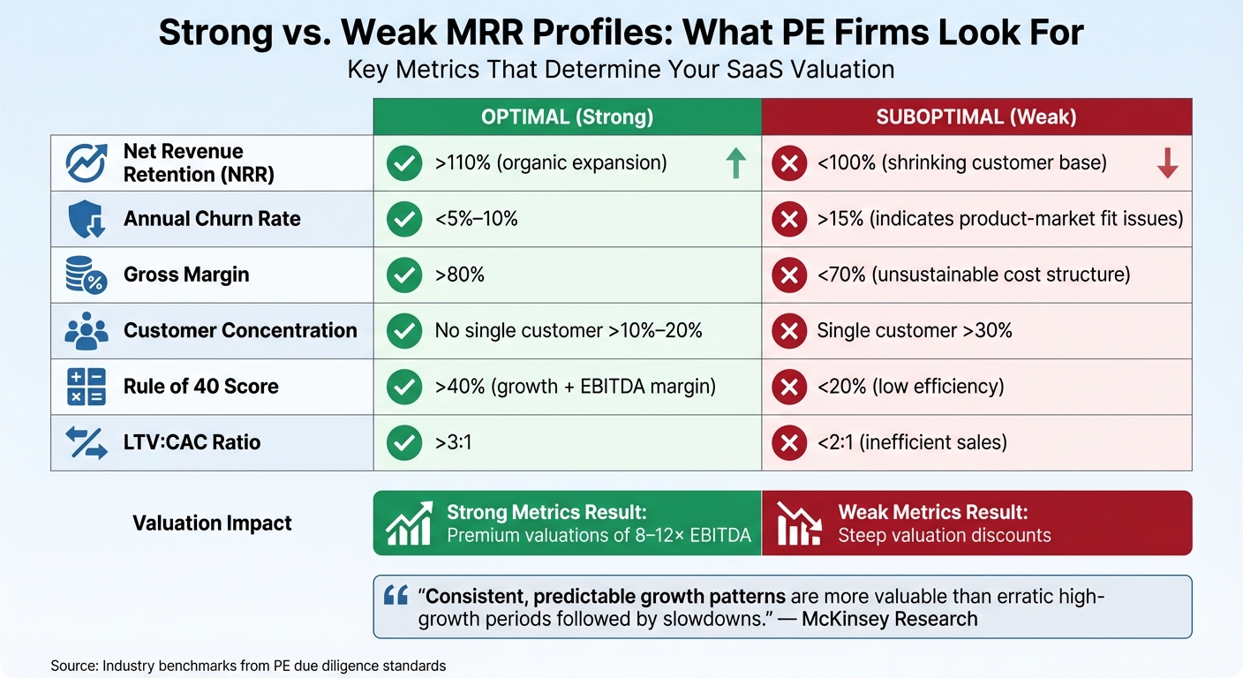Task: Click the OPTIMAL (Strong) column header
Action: pyautogui.click(x=567, y=117)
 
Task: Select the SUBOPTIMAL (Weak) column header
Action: pyautogui.click(x=976, y=117)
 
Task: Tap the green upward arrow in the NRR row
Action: pyautogui.click(x=735, y=163)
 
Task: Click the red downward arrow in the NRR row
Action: pyautogui.click(x=1167, y=163)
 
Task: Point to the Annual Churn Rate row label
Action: pyautogui.click(x=212, y=219)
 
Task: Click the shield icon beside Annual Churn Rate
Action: pyautogui.click(x=87, y=219)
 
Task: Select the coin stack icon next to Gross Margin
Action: pyautogui.click(x=87, y=275)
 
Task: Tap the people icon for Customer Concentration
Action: pyautogui.click(x=87, y=331)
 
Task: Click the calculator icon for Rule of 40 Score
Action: pyautogui.click(x=87, y=387)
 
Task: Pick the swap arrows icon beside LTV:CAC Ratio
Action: pyautogui.click(x=87, y=442)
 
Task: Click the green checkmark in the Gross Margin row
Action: pyautogui.click(x=404, y=275)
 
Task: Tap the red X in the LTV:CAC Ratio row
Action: pyautogui.click(x=788, y=442)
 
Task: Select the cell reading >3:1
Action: pyautogui.click(x=453, y=442)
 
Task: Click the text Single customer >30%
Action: pyautogui.click(x=914, y=331)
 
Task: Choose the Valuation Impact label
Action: pyautogui.click(x=212, y=523)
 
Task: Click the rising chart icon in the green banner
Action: pyautogui.click(x=410, y=523)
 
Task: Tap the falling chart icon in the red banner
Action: pyautogui.click(x=799, y=523)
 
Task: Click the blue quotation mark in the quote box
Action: pyautogui.click(x=395, y=596)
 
